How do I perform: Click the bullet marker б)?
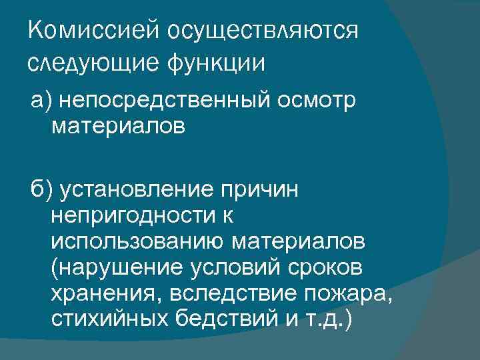coord(40,191)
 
